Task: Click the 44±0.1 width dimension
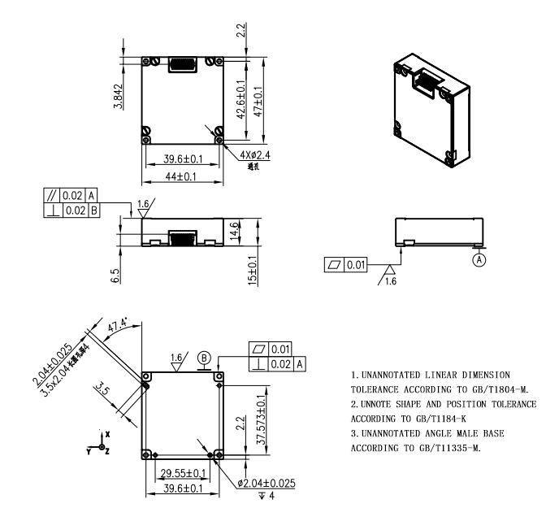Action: click(x=183, y=176)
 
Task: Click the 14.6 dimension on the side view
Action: click(x=235, y=231)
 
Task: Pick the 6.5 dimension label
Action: click(x=117, y=276)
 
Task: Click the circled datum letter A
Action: click(x=480, y=260)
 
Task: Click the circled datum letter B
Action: click(x=205, y=356)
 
